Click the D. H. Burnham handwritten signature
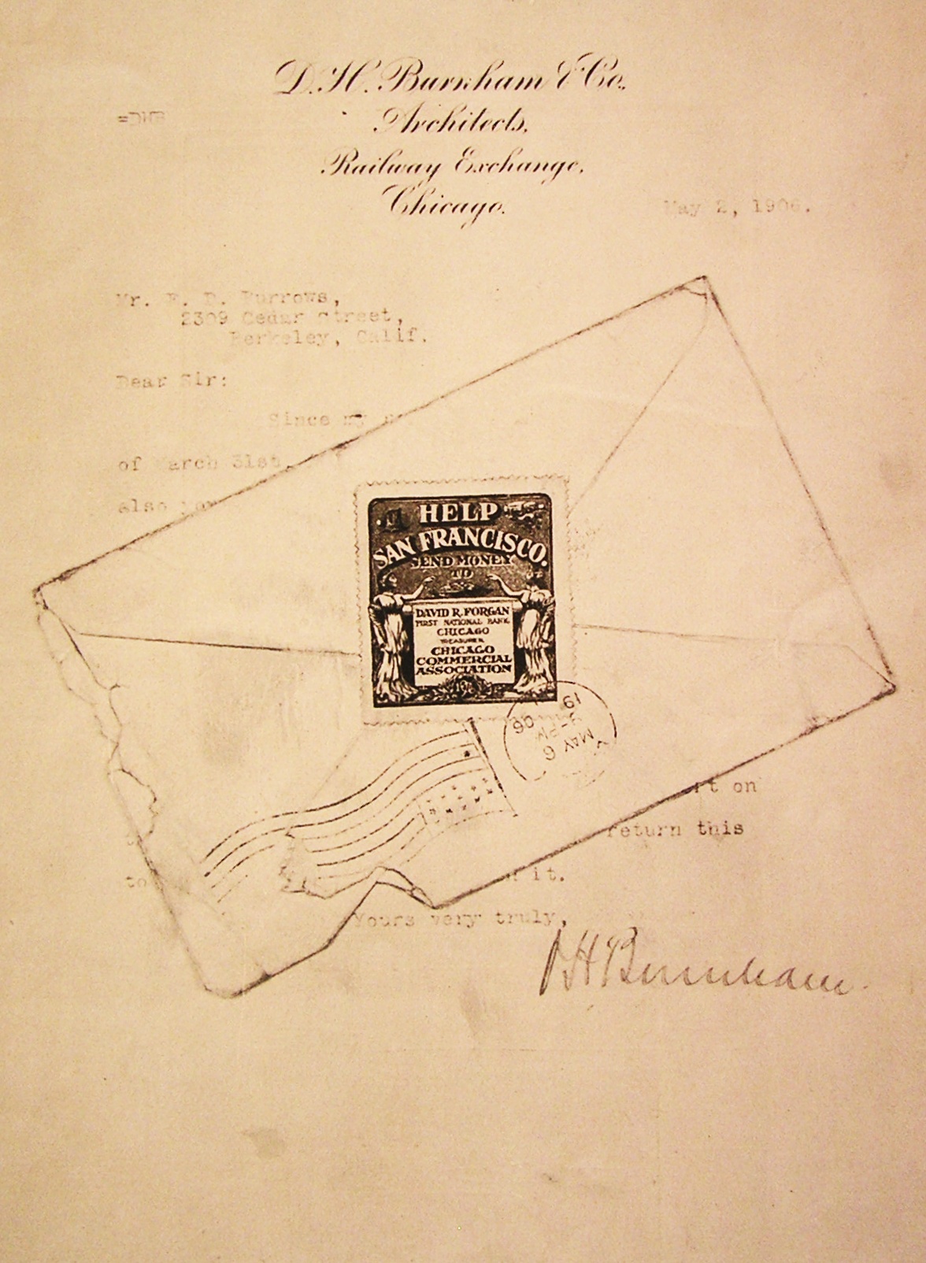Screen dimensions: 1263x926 tap(693, 965)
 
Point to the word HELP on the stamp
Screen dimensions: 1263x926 tap(458, 514)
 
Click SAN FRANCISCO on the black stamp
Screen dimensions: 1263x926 tap(460, 544)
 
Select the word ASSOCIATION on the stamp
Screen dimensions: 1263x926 tap(463, 669)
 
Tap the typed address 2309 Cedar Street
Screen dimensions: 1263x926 tap(286, 318)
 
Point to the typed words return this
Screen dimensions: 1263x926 tap(675, 828)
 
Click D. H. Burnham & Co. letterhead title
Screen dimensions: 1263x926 tap(449, 80)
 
